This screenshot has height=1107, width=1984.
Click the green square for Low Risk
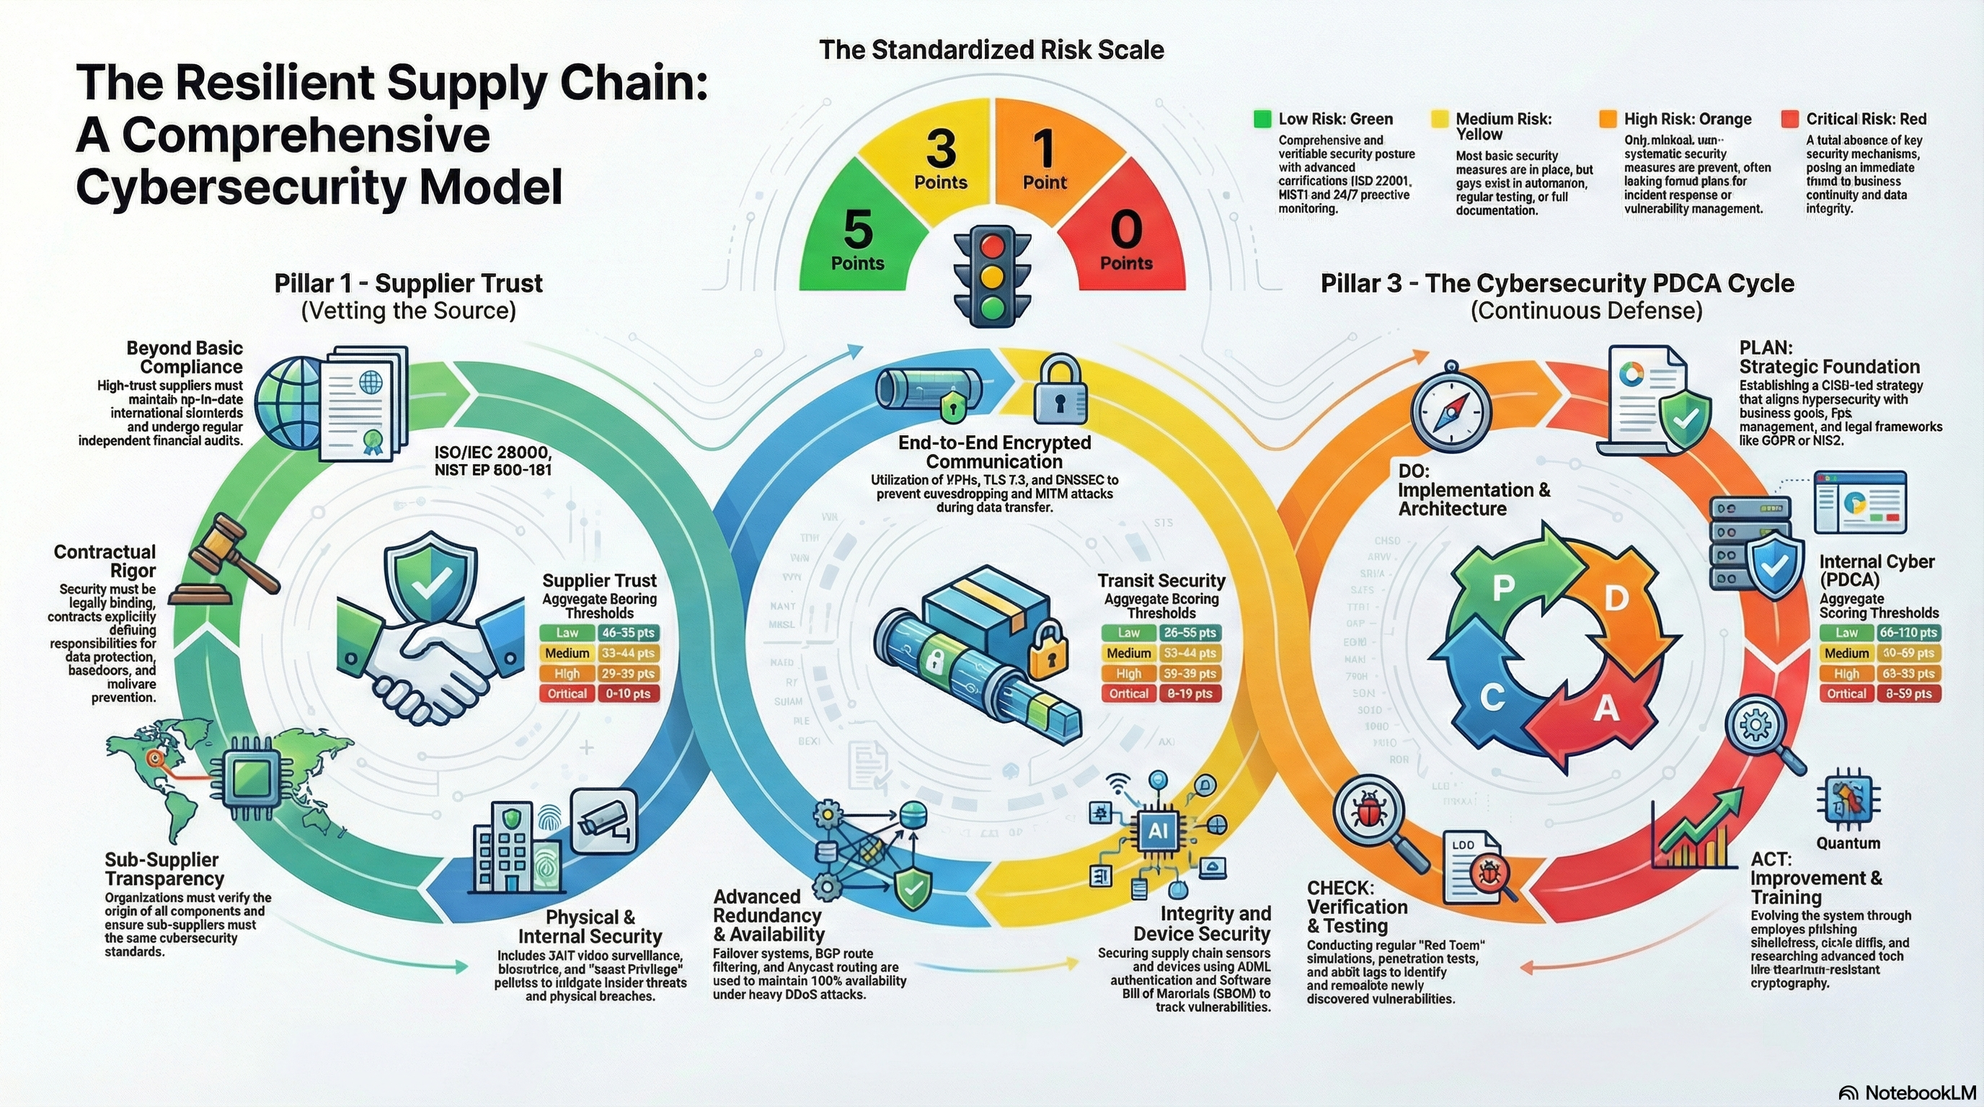pyautogui.click(x=1262, y=118)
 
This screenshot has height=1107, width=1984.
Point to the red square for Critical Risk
pyautogui.click(x=1790, y=118)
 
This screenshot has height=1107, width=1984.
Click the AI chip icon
pyautogui.click(x=1158, y=832)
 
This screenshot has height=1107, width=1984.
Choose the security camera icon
pyautogui.click(x=606, y=819)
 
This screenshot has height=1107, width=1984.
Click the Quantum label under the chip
pyautogui.click(x=1848, y=843)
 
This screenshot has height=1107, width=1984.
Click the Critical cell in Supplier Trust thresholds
pyautogui.click(x=567, y=693)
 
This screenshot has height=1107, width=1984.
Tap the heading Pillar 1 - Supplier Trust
pyautogui.click(x=408, y=283)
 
